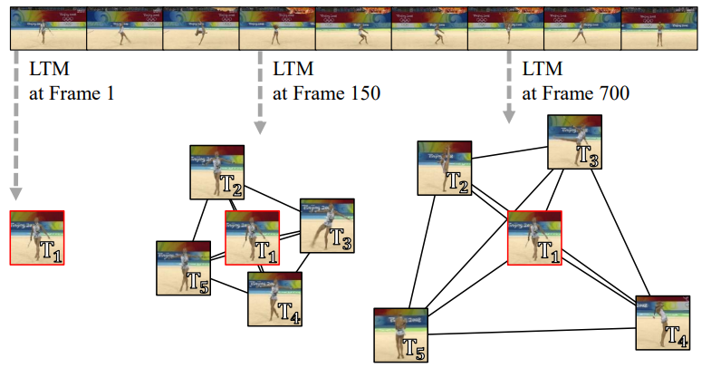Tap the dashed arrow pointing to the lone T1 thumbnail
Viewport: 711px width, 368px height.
15,127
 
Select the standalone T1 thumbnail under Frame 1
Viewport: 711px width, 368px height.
36,237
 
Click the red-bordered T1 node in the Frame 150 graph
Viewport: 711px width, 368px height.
251,237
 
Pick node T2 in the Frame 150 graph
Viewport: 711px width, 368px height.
216,172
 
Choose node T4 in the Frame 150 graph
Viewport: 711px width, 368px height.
274,299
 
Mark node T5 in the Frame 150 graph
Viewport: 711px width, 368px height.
183,267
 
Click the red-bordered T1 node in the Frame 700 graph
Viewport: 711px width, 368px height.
533,237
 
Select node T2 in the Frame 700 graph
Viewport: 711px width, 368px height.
444,168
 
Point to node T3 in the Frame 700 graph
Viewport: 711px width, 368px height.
574,141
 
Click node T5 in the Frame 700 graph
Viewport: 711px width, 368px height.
400,334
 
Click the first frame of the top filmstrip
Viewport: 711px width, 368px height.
47,25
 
